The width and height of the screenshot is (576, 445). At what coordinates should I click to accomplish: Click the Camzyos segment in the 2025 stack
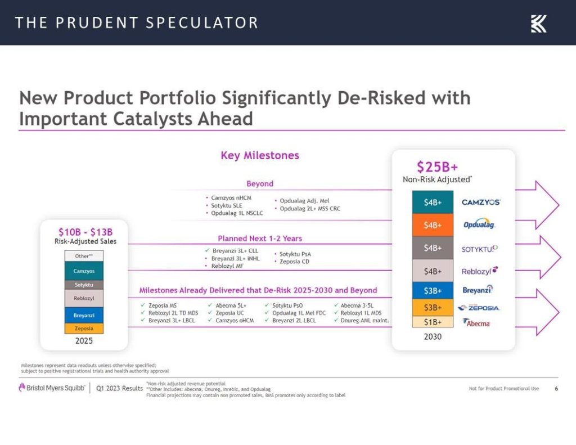coord(84,271)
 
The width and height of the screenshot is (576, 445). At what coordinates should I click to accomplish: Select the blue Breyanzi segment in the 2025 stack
coord(84,315)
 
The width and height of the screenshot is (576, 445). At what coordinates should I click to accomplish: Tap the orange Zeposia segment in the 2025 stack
coord(84,328)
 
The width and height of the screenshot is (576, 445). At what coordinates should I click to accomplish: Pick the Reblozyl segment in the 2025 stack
coord(84,298)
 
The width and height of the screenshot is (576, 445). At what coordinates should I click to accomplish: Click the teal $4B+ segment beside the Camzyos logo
coord(433,202)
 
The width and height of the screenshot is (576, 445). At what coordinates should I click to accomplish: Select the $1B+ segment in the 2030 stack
coord(433,322)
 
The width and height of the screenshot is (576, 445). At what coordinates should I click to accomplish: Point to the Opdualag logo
coord(479,224)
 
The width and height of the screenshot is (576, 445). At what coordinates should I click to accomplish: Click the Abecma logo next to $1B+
coord(476,323)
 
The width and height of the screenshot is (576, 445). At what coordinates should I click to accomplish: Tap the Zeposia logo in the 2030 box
coord(479,308)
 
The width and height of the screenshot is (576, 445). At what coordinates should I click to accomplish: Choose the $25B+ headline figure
coord(437,167)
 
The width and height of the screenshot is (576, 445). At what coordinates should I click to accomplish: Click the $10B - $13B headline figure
coord(85,231)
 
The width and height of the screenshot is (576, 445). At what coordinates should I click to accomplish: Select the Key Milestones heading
coord(260,155)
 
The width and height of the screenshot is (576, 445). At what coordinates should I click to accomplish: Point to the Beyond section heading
coord(260,183)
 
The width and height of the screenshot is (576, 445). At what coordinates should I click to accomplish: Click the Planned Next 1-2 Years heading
coord(260,239)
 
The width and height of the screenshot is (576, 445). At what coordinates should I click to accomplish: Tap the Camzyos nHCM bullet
coord(231,198)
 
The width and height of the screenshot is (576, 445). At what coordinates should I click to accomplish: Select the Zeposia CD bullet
coord(291,262)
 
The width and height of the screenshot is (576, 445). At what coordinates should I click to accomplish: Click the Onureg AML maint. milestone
coord(364,321)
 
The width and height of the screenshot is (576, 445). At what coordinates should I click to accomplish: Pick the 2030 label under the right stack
coord(433,336)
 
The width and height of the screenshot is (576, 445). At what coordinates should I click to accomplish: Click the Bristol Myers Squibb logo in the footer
coord(52,388)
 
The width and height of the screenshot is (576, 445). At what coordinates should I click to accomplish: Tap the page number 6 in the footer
coord(556,389)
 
